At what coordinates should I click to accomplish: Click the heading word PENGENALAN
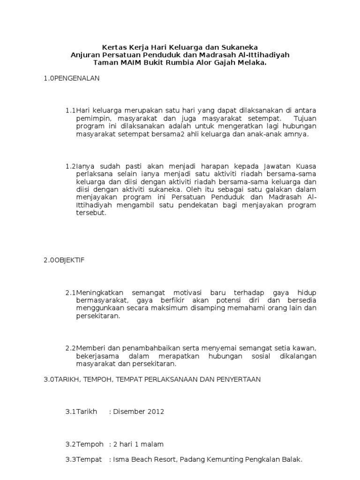click(x=77, y=78)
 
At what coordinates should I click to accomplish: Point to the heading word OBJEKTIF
click(x=70, y=260)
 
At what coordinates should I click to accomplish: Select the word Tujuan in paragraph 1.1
click(x=305, y=119)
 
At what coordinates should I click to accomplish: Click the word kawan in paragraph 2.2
click(x=305, y=348)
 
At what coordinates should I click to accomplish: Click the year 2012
click(x=156, y=412)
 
